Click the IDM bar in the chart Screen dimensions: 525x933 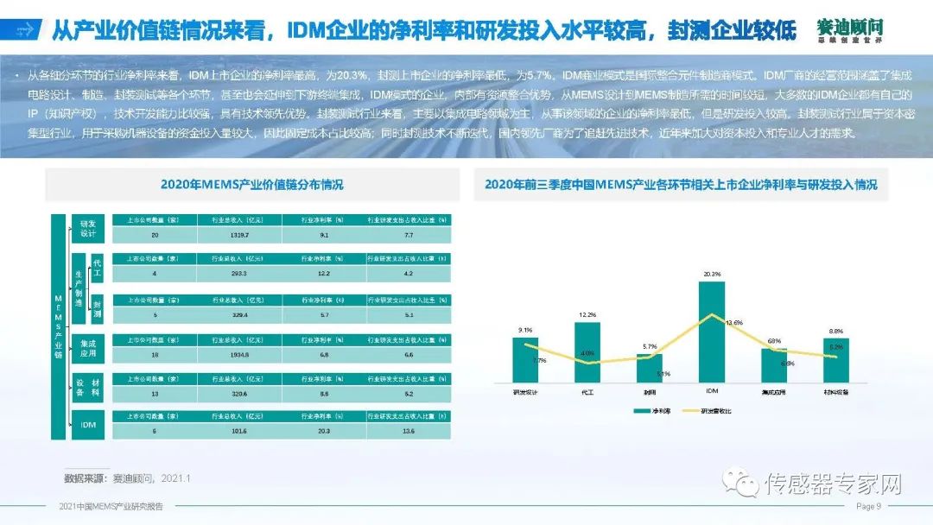pos(711,332)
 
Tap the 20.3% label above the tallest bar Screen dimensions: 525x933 pos(712,275)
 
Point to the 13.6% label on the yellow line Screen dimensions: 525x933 pos(733,322)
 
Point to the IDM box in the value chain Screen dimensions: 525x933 pos(88,425)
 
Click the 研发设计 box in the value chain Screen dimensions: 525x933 pos(88,228)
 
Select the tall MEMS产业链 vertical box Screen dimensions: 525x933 pos(57,326)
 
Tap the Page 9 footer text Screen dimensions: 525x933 pos(868,506)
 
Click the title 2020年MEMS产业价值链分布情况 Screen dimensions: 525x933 pos(251,184)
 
